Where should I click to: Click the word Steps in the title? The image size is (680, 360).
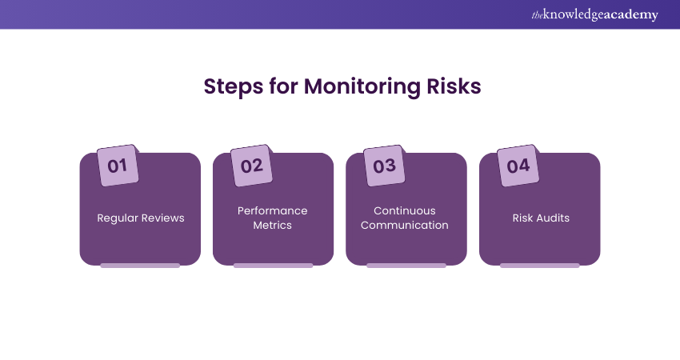[x=234, y=86]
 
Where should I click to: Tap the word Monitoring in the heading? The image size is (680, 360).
[x=362, y=86]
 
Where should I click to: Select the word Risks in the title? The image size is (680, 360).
[x=454, y=86]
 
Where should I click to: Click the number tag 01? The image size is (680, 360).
[x=118, y=166]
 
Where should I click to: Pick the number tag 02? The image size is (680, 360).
[x=251, y=166]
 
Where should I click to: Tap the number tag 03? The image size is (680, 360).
[x=384, y=166]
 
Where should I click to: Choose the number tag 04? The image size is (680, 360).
[x=518, y=166]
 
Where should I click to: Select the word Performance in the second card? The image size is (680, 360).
[x=272, y=210]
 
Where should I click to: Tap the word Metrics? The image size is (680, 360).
[x=272, y=225]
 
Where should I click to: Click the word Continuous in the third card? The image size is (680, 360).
[x=405, y=210]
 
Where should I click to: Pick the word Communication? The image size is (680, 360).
[x=405, y=225]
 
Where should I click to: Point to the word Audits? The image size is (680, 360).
[x=553, y=218]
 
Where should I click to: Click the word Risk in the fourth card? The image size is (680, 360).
[x=522, y=218]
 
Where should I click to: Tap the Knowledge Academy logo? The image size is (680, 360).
[x=594, y=14]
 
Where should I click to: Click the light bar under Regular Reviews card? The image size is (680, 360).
[x=140, y=266]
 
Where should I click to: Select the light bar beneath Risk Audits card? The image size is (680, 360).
[x=540, y=266]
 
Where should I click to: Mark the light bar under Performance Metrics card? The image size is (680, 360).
[x=274, y=266]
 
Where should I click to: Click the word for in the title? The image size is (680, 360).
[x=283, y=86]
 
